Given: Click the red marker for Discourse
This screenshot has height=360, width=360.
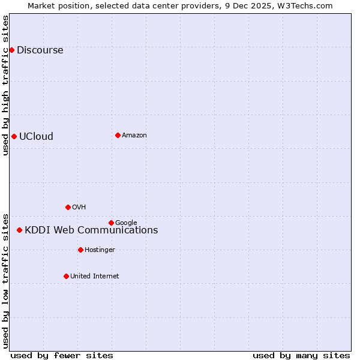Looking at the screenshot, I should [x=11, y=50].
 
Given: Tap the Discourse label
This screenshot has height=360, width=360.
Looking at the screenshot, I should [x=40, y=50].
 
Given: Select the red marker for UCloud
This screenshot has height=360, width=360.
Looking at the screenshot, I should [x=14, y=136].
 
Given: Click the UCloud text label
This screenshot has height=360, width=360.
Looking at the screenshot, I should [x=36, y=137].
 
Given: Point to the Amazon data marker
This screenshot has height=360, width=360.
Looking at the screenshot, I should [x=118, y=135].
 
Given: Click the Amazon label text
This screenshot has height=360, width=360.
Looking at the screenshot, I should [x=134, y=136].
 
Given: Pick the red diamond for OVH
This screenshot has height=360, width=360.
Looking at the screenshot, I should [x=68, y=207].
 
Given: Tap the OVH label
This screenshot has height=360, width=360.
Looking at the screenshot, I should [x=79, y=208].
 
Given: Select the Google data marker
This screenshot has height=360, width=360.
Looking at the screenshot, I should [x=111, y=223].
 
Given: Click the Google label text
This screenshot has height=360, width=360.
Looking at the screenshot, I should [x=126, y=223].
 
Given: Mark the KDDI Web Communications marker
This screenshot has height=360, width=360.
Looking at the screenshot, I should [x=19, y=230].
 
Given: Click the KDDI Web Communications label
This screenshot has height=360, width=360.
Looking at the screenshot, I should [x=91, y=230].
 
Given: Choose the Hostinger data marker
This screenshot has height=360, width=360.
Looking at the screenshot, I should [x=80, y=250].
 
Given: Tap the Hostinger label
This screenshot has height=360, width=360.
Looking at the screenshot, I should [x=100, y=250].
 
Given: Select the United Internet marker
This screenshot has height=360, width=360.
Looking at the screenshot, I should [x=66, y=276].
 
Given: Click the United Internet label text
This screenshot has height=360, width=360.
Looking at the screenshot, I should [x=94, y=277].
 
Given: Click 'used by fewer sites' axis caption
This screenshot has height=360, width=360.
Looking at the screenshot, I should [x=62, y=356].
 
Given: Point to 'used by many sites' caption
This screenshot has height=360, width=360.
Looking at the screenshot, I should [x=301, y=356].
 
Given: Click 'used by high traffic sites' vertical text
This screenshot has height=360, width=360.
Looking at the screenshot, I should [x=5, y=85].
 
